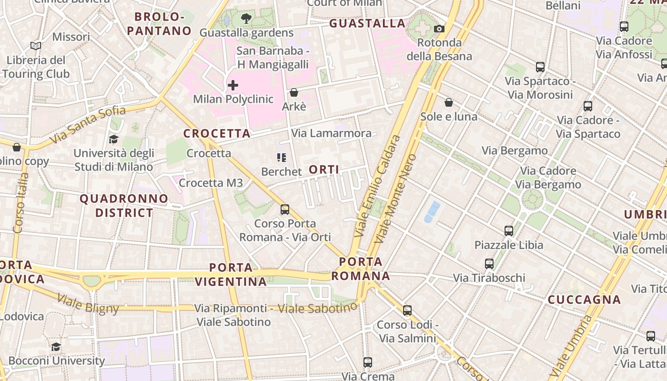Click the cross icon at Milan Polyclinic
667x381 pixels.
pos(233,85)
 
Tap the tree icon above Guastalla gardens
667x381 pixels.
pos(246,19)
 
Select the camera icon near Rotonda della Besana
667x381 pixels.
pos(439,29)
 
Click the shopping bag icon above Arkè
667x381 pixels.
pos(294,92)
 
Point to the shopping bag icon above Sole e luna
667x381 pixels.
pos(449,102)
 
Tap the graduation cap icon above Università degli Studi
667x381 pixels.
pos(113,139)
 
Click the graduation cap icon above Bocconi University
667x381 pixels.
pos(56,347)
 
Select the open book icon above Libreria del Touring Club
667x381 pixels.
pos(36,46)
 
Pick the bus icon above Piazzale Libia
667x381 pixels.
pos(509,231)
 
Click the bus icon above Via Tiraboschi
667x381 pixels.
pos(489,264)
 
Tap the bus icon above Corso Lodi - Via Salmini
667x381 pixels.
pos(407,311)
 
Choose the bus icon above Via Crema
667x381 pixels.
pos(368,362)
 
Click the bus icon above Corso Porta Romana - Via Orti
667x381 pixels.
pos(285,209)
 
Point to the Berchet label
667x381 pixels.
pos(282,171)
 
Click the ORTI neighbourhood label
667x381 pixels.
pos(324,170)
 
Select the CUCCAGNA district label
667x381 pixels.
pos(584,300)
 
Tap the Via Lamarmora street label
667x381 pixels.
pos(331,133)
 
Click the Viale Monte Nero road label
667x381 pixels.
pos(395,199)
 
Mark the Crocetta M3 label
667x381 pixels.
pos(211,183)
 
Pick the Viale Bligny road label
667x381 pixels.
pos(88,303)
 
